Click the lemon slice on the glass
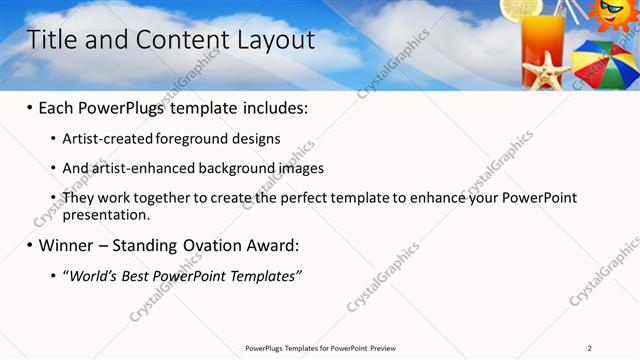coord(522,8)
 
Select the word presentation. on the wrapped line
coord(106,214)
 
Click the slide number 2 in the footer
coord(590,348)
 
